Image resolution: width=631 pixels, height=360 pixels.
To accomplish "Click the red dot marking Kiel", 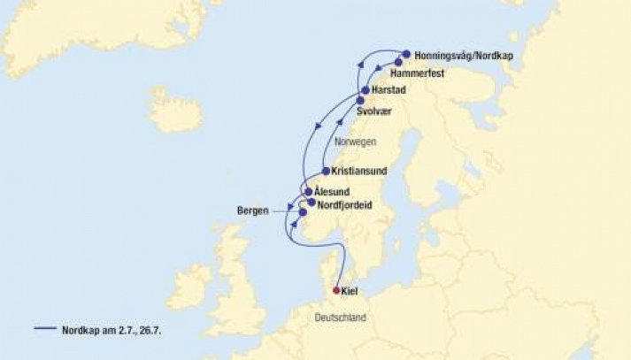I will pyautogui.click(x=336, y=290).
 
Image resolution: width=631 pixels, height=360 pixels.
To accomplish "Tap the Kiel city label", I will pyautogui.click(x=350, y=291).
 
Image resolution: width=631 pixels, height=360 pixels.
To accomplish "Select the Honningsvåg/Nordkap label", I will pyautogui.click(x=463, y=55).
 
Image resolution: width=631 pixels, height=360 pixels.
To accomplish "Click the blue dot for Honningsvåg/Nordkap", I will pyautogui.click(x=406, y=55).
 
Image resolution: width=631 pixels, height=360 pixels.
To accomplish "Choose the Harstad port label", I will pyautogui.click(x=389, y=91).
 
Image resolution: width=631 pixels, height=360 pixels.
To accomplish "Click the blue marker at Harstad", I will pyautogui.click(x=365, y=91).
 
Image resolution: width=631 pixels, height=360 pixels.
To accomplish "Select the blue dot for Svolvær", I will pyautogui.click(x=360, y=102).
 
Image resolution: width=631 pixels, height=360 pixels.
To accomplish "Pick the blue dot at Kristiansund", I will pyautogui.click(x=326, y=171).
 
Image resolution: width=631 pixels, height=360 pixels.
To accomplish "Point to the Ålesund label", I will pyautogui.click(x=334, y=192).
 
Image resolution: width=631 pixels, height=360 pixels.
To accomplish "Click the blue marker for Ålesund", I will pyautogui.click(x=308, y=192).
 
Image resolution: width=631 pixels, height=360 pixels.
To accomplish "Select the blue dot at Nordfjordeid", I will pyautogui.click(x=311, y=203).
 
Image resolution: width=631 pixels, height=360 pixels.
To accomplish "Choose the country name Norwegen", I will pyautogui.click(x=357, y=142).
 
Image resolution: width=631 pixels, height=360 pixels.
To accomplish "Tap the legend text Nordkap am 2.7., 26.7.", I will pyautogui.click(x=108, y=330).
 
